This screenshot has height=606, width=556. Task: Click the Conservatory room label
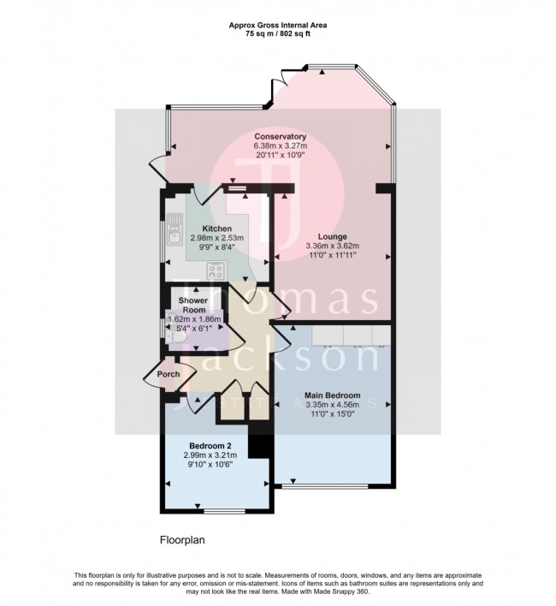click(280, 137)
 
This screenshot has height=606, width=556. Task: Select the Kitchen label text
click(217, 229)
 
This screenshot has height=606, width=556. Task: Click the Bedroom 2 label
click(210, 446)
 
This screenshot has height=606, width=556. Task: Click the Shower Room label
click(194, 306)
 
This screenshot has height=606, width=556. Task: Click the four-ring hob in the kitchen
click(215, 271)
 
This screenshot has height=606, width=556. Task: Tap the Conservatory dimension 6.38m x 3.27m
click(280, 146)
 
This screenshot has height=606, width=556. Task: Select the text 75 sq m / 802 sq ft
click(278, 35)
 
